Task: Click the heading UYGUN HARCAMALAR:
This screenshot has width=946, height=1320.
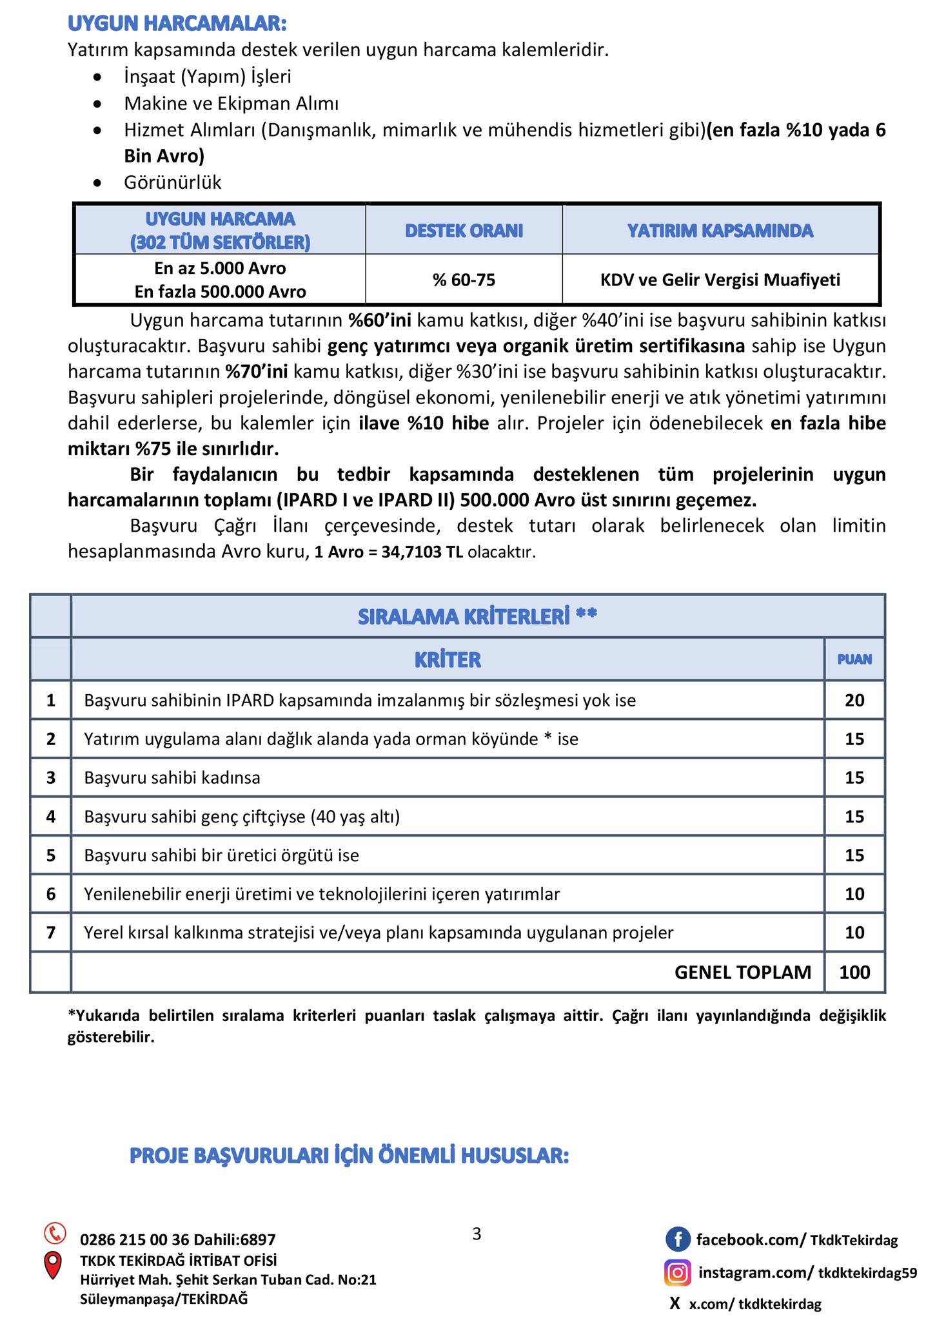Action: click(177, 23)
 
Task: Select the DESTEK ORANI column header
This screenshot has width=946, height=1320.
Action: click(464, 230)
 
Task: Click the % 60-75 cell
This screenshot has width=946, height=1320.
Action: click(464, 280)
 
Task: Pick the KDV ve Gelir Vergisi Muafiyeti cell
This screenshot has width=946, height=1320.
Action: click(720, 280)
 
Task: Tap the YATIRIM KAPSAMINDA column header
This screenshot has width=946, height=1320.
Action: click(720, 230)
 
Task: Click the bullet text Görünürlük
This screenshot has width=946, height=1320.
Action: click(172, 182)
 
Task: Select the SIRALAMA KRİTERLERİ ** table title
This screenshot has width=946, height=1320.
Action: click(477, 617)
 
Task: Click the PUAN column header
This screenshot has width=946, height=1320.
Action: click(854, 659)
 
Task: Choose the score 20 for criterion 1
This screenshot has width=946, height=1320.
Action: click(854, 700)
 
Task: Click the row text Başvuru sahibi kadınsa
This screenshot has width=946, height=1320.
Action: click(172, 777)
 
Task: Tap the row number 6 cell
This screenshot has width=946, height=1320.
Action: click(51, 894)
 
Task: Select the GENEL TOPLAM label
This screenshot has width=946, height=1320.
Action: click(742, 972)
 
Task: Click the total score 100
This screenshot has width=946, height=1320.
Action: click(854, 972)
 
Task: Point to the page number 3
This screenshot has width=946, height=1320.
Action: click(477, 1234)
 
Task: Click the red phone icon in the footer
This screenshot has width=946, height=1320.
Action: click(55, 1233)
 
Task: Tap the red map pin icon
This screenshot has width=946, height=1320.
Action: click(52, 1265)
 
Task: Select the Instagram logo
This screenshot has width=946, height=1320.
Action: click(677, 1272)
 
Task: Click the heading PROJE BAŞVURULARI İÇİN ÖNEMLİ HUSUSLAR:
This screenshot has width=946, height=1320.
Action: click(349, 1156)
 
